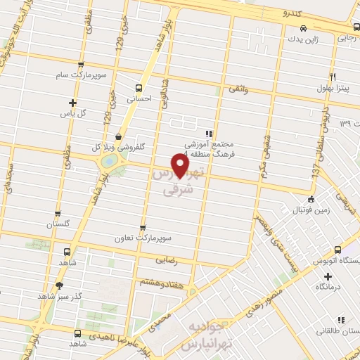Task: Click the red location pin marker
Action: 181,165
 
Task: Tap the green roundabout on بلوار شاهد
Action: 109,162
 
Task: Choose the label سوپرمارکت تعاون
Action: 143,238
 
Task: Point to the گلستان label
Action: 59,224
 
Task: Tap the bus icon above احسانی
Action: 138,89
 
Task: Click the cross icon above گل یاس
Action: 73,102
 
